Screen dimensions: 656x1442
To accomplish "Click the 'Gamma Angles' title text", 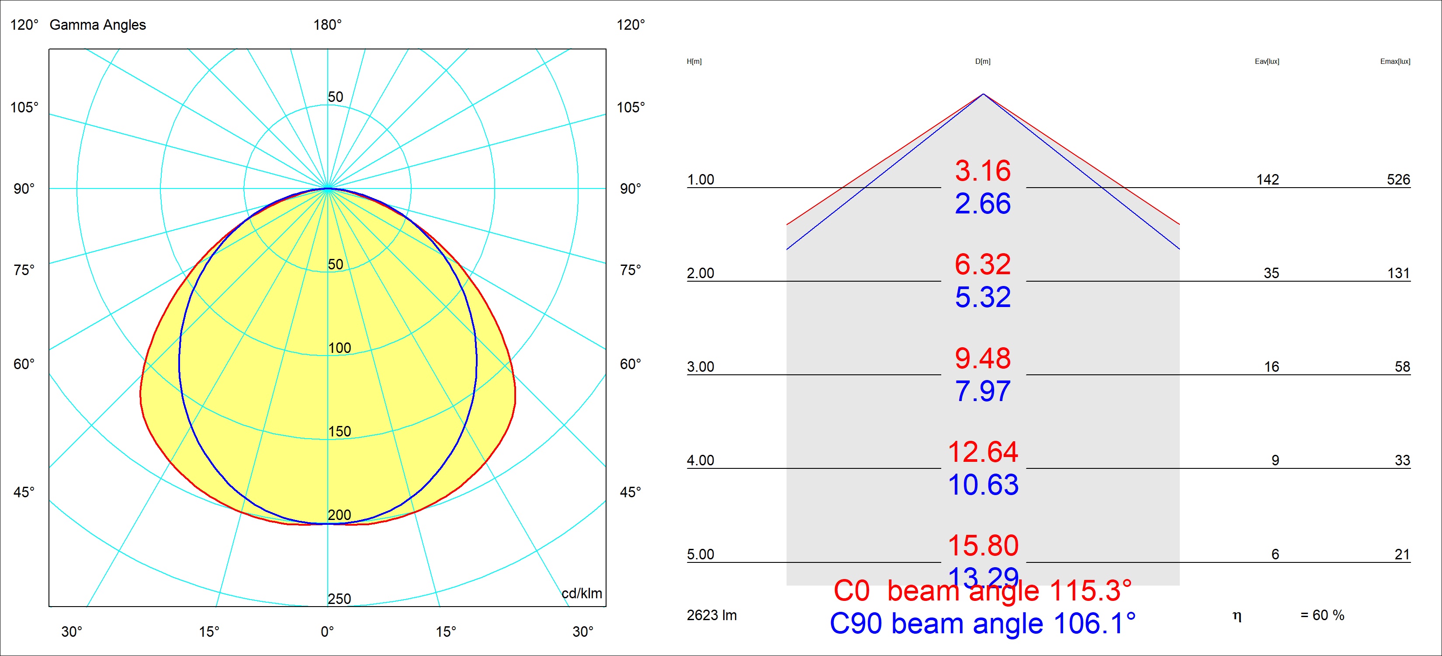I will pos(97,24).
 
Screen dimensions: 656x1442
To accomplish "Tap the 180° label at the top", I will pos(327,24).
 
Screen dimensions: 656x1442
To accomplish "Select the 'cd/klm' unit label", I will pos(582,593).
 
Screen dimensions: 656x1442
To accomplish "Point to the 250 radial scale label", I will pos(339,599).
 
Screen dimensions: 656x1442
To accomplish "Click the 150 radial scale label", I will pos(339,431).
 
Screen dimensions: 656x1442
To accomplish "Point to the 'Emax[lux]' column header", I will pos(1395,62).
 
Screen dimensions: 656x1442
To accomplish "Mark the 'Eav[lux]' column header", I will pos(1267,62).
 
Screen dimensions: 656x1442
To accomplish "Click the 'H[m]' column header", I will pos(694,62).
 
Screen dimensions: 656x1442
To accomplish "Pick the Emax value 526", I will pos(1398,180).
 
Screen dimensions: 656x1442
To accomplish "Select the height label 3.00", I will pos(700,367).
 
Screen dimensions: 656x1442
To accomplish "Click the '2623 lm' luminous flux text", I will pos(711,615).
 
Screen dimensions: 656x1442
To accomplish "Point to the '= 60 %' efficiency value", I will pos(1322,615).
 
